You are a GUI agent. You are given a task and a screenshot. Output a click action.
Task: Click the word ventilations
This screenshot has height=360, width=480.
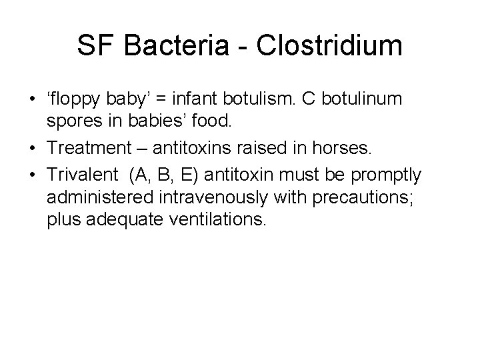click(x=222, y=220)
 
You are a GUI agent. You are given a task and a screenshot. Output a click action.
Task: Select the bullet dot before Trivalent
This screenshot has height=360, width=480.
click(x=31, y=175)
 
